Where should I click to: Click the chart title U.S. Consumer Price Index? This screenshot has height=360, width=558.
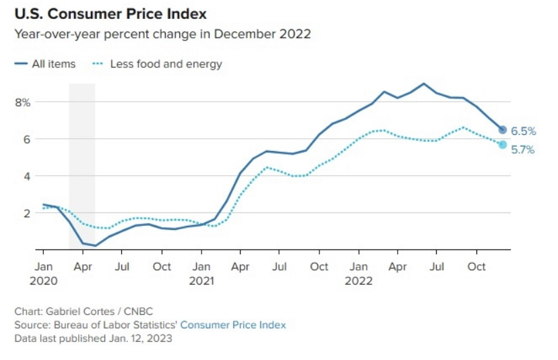(111, 13)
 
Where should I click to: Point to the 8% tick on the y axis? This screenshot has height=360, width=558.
(24, 102)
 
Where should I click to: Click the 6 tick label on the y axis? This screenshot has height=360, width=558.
(28, 139)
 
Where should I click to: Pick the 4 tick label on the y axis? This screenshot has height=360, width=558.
(28, 176)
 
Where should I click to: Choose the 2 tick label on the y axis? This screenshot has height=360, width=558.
(28, 213)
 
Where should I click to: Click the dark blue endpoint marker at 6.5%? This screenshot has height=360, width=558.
(502, 129)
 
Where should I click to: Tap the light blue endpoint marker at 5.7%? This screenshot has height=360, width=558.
(502, 144)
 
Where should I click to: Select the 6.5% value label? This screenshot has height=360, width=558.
(523, 131)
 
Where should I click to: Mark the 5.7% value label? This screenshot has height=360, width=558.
(523, 150)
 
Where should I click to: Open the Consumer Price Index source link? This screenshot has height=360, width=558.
(232, 325)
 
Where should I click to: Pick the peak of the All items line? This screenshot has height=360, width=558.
(424, 84)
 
